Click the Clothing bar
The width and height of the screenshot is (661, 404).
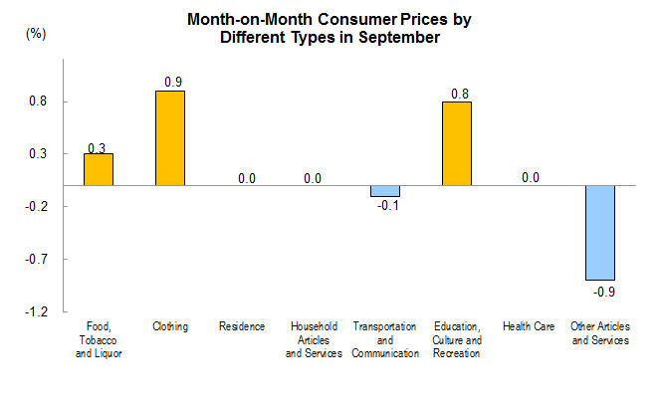[169, 138]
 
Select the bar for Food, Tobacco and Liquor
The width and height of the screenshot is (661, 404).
[98, 169]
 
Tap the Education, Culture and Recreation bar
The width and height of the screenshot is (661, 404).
[456, 143]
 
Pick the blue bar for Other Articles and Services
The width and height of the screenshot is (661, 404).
[599, 233]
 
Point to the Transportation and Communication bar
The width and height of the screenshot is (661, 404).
[384, 191]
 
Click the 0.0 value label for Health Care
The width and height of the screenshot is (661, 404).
[530, 178]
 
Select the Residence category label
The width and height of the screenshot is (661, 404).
[242, 327]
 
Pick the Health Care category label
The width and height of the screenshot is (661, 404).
[529, 327]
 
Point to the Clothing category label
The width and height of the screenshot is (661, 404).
[170, 327]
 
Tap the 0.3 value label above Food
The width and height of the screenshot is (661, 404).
[98, 148]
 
